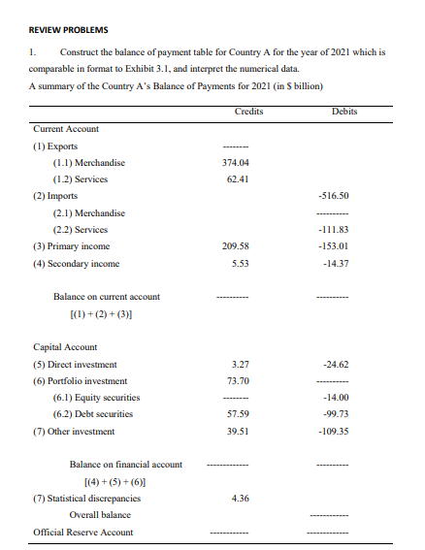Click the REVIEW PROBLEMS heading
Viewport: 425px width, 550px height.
(68, 30)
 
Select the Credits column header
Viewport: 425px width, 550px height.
(249, 112)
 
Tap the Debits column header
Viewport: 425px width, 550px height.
(344, 112)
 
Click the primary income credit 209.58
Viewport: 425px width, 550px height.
(237, 246)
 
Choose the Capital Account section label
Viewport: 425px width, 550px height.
(66, 346)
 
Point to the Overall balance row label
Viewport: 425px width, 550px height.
(100, 514)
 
